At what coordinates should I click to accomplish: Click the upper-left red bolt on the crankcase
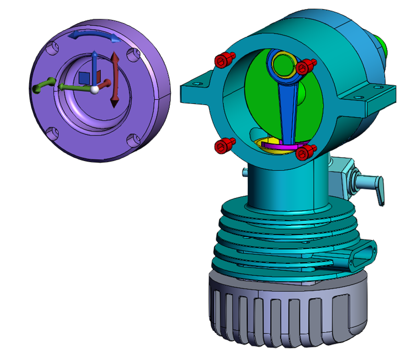pyautogui.click(x=223, y=61)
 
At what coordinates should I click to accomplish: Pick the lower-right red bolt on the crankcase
pyautogui.click(x=305, y=153)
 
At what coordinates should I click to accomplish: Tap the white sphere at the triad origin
pyautogui.click(x=94, y=90)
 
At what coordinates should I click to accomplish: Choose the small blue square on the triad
pyautogui.click(x=84, y=77)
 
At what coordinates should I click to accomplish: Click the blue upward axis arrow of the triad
pyautogui.click(x=94, y=63)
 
